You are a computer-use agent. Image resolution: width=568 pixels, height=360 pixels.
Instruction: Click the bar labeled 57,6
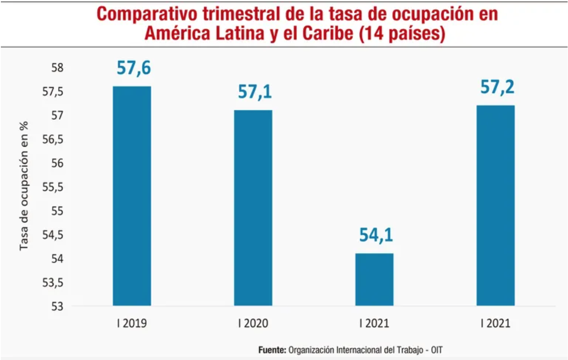[x=132, y=196]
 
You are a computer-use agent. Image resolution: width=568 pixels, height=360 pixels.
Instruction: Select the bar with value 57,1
[x=253, y=208]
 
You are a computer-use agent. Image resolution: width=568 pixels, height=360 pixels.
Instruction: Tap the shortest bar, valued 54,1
[x=374, y=279]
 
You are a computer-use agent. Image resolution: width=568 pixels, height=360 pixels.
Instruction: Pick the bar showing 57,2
[x=496, y=206]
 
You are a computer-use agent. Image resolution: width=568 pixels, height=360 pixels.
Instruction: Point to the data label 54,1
[x=376, y=235]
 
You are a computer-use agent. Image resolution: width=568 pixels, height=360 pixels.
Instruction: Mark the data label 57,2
[x=497, y=88]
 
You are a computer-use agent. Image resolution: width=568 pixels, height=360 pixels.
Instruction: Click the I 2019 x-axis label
[x=132, y=324]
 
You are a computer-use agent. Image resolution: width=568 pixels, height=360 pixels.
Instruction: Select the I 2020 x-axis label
[x=253, y=324]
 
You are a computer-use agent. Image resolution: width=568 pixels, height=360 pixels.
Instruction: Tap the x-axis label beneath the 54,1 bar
[x=374, y=324]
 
